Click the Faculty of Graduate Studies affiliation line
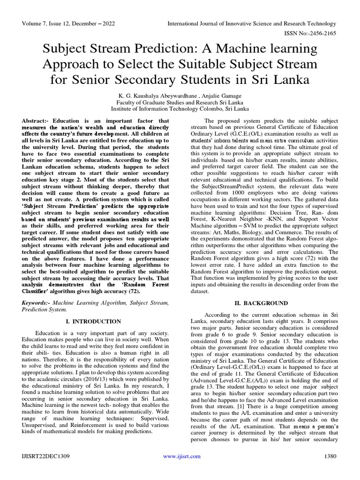click(x=180, y=102)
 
